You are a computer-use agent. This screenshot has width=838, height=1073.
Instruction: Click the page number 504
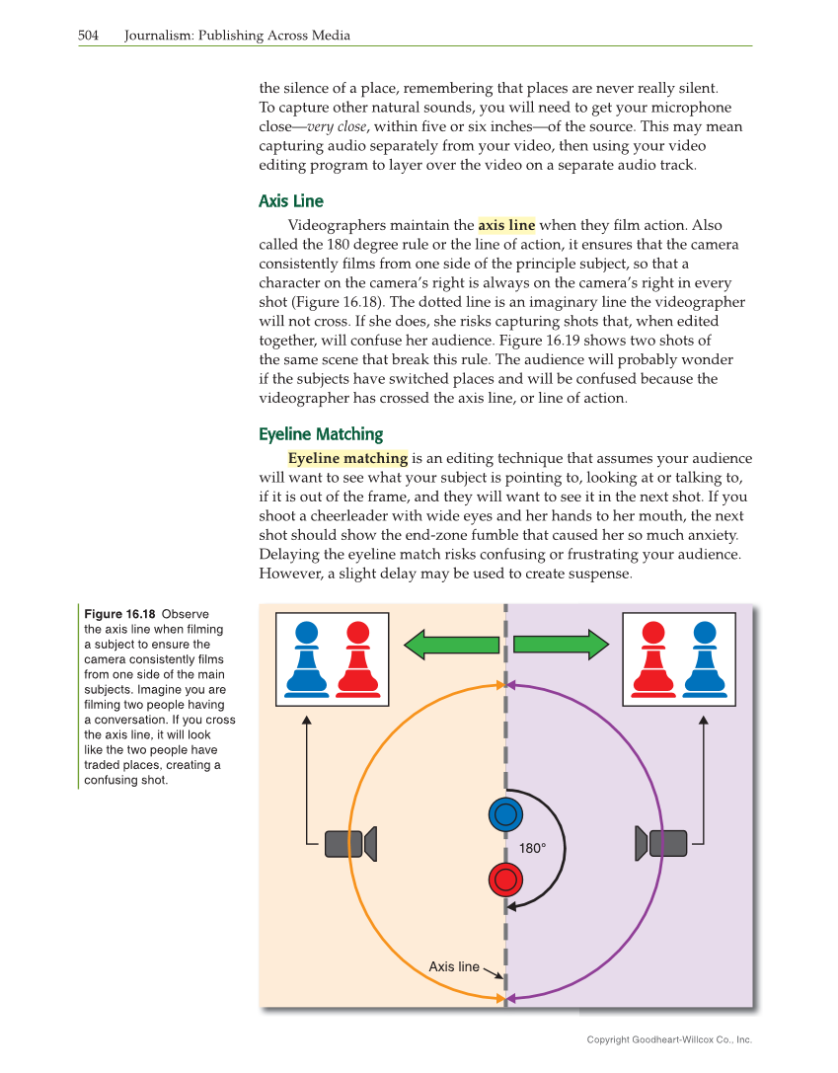click(x=89, y=36)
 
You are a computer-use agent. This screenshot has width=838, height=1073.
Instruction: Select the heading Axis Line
click(x=290, y=201)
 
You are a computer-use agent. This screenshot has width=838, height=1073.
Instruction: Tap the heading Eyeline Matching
click(x=321, y=434)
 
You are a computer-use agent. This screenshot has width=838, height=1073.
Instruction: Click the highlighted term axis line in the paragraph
click(x=506, y=225)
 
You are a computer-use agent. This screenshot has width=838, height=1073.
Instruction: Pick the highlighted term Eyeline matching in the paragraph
click(x=347, y=458)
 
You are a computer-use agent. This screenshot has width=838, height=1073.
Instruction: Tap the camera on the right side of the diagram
click(x=661, y=843)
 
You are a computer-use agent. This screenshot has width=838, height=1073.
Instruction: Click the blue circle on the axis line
click(x=506, y=813)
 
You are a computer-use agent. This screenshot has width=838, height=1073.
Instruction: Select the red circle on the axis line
click(x=506, y=879)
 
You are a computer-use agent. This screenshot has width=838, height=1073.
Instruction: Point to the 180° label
click(x=533, y=848)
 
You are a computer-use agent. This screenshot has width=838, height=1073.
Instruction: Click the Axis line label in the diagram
click(x=454, y=966)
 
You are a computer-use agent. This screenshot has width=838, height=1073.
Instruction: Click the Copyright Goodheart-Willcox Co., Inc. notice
click(x=668, y=1039)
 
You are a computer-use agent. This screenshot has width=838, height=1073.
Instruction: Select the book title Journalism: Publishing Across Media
click(x=237, y=36)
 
